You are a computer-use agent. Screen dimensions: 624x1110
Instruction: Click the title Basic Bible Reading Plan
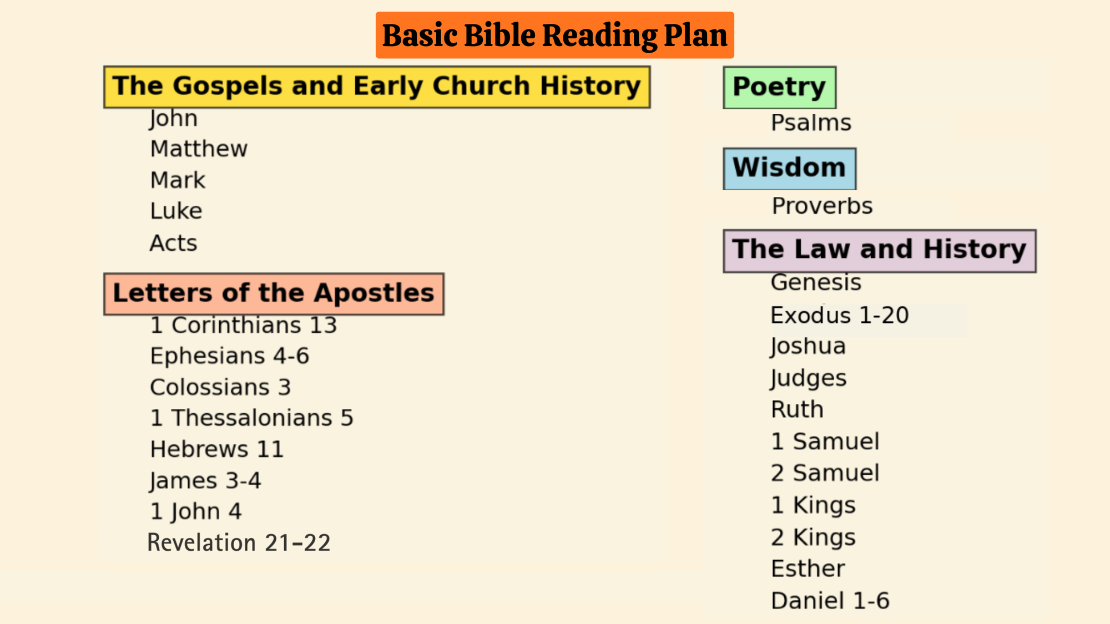click(554, 35)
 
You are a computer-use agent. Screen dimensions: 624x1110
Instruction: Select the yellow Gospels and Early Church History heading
click(376, 87)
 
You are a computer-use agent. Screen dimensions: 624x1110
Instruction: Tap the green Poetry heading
click(779, 87)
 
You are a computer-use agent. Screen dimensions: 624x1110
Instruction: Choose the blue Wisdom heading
click(789, 168)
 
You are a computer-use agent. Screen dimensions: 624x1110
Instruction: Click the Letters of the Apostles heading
click(273, 293)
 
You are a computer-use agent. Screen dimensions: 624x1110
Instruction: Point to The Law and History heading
click(879, 250)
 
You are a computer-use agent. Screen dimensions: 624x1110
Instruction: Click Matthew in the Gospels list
click(199, 149)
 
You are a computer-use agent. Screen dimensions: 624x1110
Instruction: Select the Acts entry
click(173, 243)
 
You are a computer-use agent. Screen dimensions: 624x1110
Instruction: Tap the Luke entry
click(176, 211)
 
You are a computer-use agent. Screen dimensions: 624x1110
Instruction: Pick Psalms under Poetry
click(811, 123)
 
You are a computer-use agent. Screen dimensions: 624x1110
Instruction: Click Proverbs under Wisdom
click(822, 206)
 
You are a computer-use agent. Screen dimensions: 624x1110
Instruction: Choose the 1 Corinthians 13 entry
click(243, 326)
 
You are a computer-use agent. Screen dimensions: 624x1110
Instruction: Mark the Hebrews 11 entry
click(216, 449)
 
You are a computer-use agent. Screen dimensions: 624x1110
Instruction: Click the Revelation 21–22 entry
click(239, 543)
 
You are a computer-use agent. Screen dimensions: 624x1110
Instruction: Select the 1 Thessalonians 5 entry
click(251, 418)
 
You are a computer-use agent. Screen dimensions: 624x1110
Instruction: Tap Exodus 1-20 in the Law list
click(839, 316)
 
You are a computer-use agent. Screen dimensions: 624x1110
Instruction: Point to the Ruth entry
click(797, 410)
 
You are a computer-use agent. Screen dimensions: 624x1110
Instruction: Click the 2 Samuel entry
click(825, 473)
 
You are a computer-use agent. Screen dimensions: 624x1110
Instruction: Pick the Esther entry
click(808, 569)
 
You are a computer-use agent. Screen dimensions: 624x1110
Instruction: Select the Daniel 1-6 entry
click(830, 601)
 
